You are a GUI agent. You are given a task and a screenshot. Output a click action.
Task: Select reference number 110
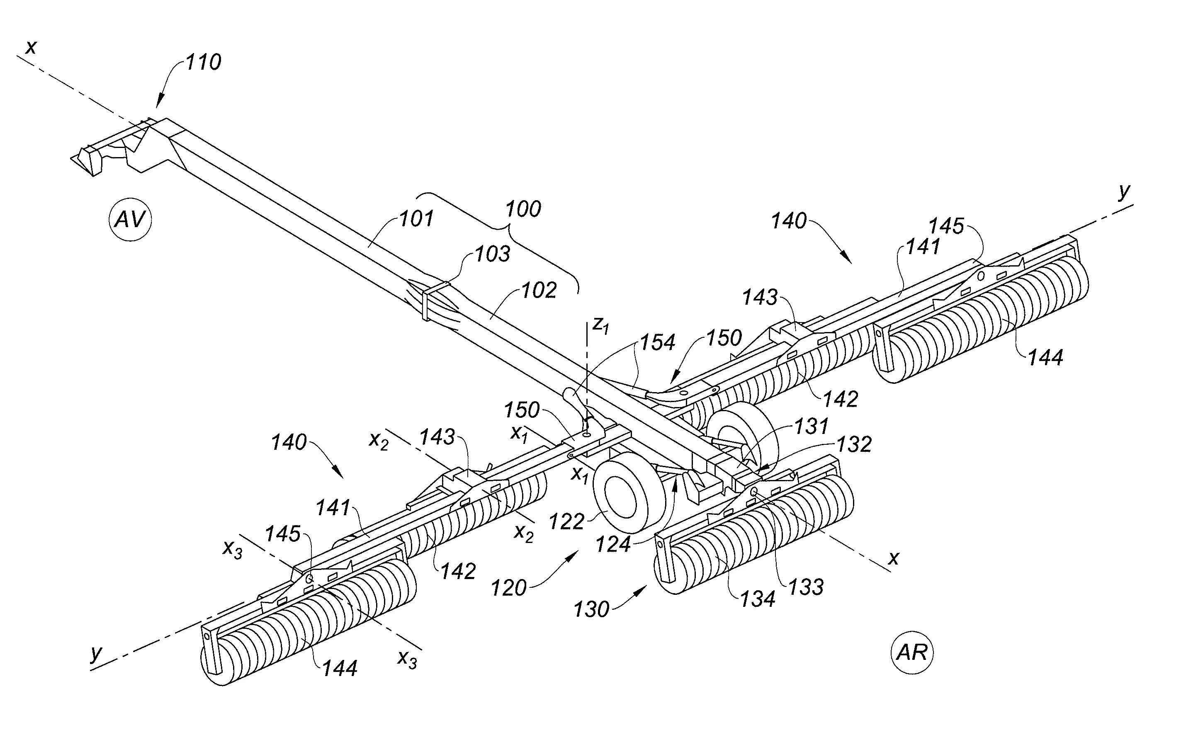(203, 62)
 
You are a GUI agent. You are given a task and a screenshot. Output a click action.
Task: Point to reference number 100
(523, 209)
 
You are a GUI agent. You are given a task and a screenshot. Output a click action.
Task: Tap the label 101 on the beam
(416, 219)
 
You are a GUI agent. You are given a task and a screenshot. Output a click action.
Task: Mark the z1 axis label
(600, 326)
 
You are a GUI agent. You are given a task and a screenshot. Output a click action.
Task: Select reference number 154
(658, 342)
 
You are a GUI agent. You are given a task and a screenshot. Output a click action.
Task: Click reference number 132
(854, 444)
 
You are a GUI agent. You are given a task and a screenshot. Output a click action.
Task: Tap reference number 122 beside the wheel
(566, 522)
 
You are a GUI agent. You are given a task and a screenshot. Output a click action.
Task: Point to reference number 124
(613, 544)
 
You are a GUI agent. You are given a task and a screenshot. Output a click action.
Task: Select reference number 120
(508, 588)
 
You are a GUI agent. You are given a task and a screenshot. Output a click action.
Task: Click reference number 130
(591, 609)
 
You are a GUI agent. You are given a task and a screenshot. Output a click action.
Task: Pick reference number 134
(757, 599)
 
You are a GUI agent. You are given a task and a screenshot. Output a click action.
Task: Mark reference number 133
(806, 587)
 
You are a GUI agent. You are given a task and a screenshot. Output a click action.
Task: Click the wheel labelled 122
(627, 494)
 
